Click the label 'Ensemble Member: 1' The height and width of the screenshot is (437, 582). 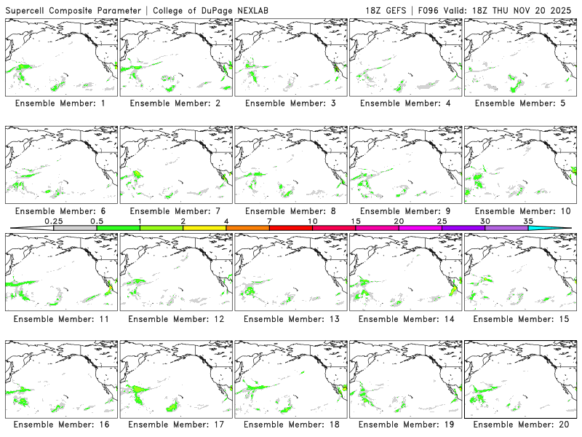pyautogui.click(x=60, y=103)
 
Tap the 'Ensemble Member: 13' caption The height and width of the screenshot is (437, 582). pyautogui.click(x=290, y=318)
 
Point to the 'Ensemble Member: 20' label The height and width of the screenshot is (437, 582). pyautogui.click(x=519, y=425)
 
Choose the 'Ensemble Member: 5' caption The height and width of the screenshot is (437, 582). pyautogui.click(x=519, y=103)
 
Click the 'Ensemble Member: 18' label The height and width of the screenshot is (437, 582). pyautogui.click(x=290, y=425)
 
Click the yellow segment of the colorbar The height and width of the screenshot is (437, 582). pyautogui.click(x=204, y=228)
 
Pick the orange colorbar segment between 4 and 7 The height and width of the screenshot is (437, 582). pyautogui.click(x=247, y=228)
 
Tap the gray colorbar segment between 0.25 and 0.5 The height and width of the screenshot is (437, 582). pyautogui.click(x=75, y=228)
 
